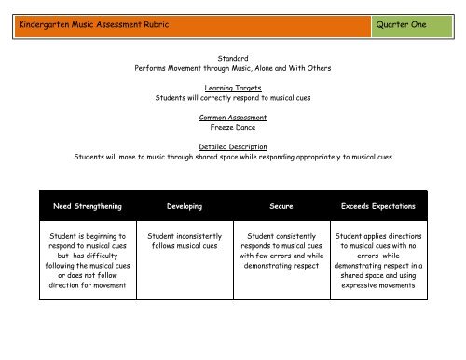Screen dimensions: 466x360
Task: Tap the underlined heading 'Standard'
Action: click(x=234, y=56)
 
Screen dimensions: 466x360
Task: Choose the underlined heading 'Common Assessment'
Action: click(x=234, y=117)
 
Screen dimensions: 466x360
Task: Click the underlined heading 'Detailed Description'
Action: click(x=234, y=146)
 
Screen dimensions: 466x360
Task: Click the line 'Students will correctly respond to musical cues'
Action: click(x=234, y=96)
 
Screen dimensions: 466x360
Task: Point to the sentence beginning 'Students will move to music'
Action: click(x=234, y=157)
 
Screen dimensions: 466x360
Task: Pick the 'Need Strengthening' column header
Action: click(x=86, y=204)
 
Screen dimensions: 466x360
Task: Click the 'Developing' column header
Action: click(x=184, y=204)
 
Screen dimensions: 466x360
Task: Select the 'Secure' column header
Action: click(x=281, y=204)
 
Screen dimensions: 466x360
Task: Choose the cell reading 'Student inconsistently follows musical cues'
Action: click(x=184, y=243)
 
